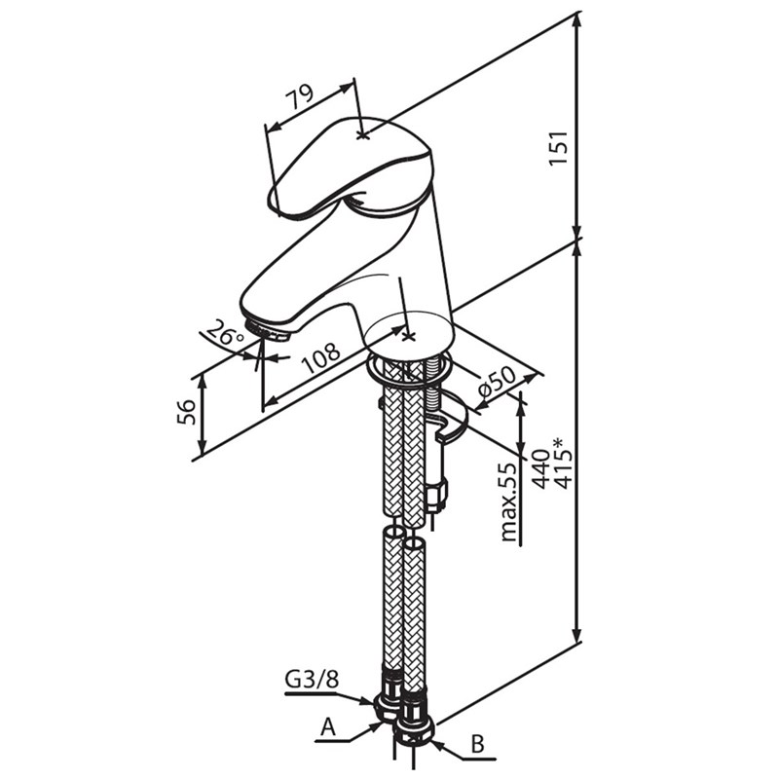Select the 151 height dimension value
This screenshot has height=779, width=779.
(558, 147)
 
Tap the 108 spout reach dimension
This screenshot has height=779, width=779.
(320, 358)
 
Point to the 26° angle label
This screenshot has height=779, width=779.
(227, 337)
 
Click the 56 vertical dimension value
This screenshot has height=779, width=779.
(186, 413)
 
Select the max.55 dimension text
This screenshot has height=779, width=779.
(507, 502)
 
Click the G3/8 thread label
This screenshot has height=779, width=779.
(312, 680)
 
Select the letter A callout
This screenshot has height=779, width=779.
(329, 727)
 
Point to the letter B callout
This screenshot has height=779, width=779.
(477, 745)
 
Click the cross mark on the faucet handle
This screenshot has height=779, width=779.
(363, 134)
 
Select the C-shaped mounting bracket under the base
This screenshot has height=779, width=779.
(449, 425)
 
